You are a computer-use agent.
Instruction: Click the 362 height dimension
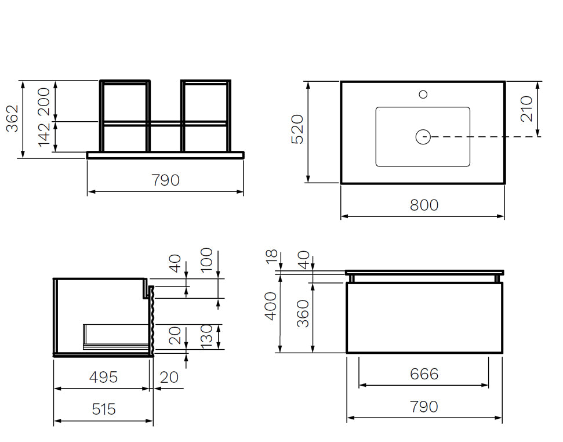click(12, 118)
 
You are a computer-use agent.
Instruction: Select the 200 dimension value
click(45, 102)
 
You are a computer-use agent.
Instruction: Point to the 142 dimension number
click(45, 135)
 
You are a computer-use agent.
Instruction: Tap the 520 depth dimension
click(297, 129)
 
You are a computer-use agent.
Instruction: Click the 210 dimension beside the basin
click(526, 109)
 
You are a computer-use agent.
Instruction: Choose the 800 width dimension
click(424, 205)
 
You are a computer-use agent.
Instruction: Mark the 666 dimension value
click(424, 374)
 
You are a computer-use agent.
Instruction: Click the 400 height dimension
click(271, 306)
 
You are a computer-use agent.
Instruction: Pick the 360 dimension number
click(303, 313)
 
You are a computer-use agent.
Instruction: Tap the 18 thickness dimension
click(272, 256)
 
